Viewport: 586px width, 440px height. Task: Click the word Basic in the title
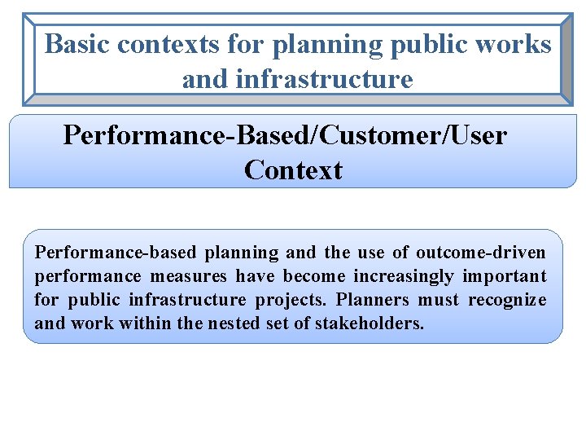pyautogui.click(x=77, y=44)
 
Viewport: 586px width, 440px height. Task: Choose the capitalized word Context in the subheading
pyautogui.click(x=293, y=170)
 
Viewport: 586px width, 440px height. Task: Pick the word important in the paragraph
pyautogui.click(x=505, y=276)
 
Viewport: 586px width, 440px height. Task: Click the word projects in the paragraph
pyautogui.click(x=291, y=300)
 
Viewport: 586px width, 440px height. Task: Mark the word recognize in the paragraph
pyautogui.click(x=507, y=300)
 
